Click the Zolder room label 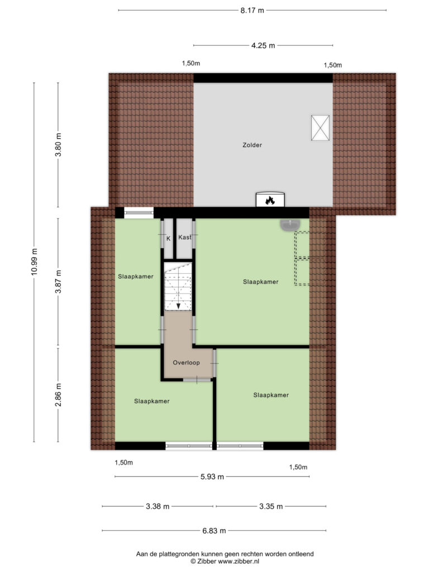pos(252,145)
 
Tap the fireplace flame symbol pos(270,200)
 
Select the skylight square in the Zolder pos(320,128)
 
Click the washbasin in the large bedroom pos(290,225)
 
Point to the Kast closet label pos(184,238)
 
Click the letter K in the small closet pos(168,239)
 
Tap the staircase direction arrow pos(178,306)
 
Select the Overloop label pos(186,362)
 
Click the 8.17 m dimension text pos(252,10)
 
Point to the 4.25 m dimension pos(263,46)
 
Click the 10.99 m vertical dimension pos(34,262)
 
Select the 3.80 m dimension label pos(58,144)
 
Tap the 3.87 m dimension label pos(58,282)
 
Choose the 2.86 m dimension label pos(58,395)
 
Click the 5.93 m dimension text pos(212,477)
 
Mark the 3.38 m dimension pos(158,506)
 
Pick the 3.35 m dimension pos(271,506)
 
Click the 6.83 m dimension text pos(214,531)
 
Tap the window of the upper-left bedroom pos(139,212)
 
